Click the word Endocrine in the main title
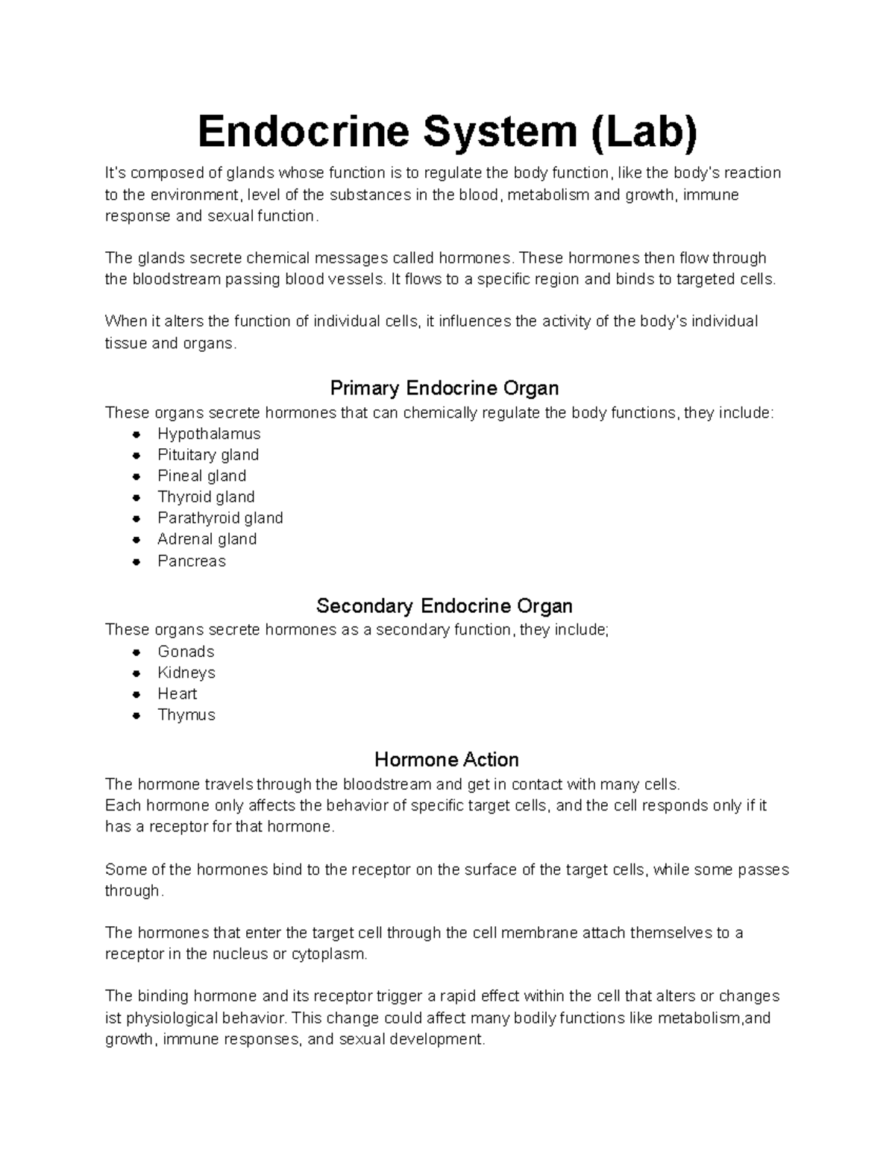[304, 132]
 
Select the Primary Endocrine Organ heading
[445, 388]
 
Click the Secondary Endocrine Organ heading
[445, 605]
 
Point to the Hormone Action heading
[446, 760]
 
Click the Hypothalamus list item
[209, 434]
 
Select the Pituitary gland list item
[208, 455]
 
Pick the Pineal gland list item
[201, 476]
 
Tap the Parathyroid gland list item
[220, 518]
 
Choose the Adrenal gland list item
[207, 539]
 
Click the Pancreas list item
[191, 561]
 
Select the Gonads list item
[186, 652]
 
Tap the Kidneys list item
[186, 673]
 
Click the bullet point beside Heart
[136, 694]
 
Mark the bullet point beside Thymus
[136, 715]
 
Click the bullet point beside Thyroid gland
[136, 497]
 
